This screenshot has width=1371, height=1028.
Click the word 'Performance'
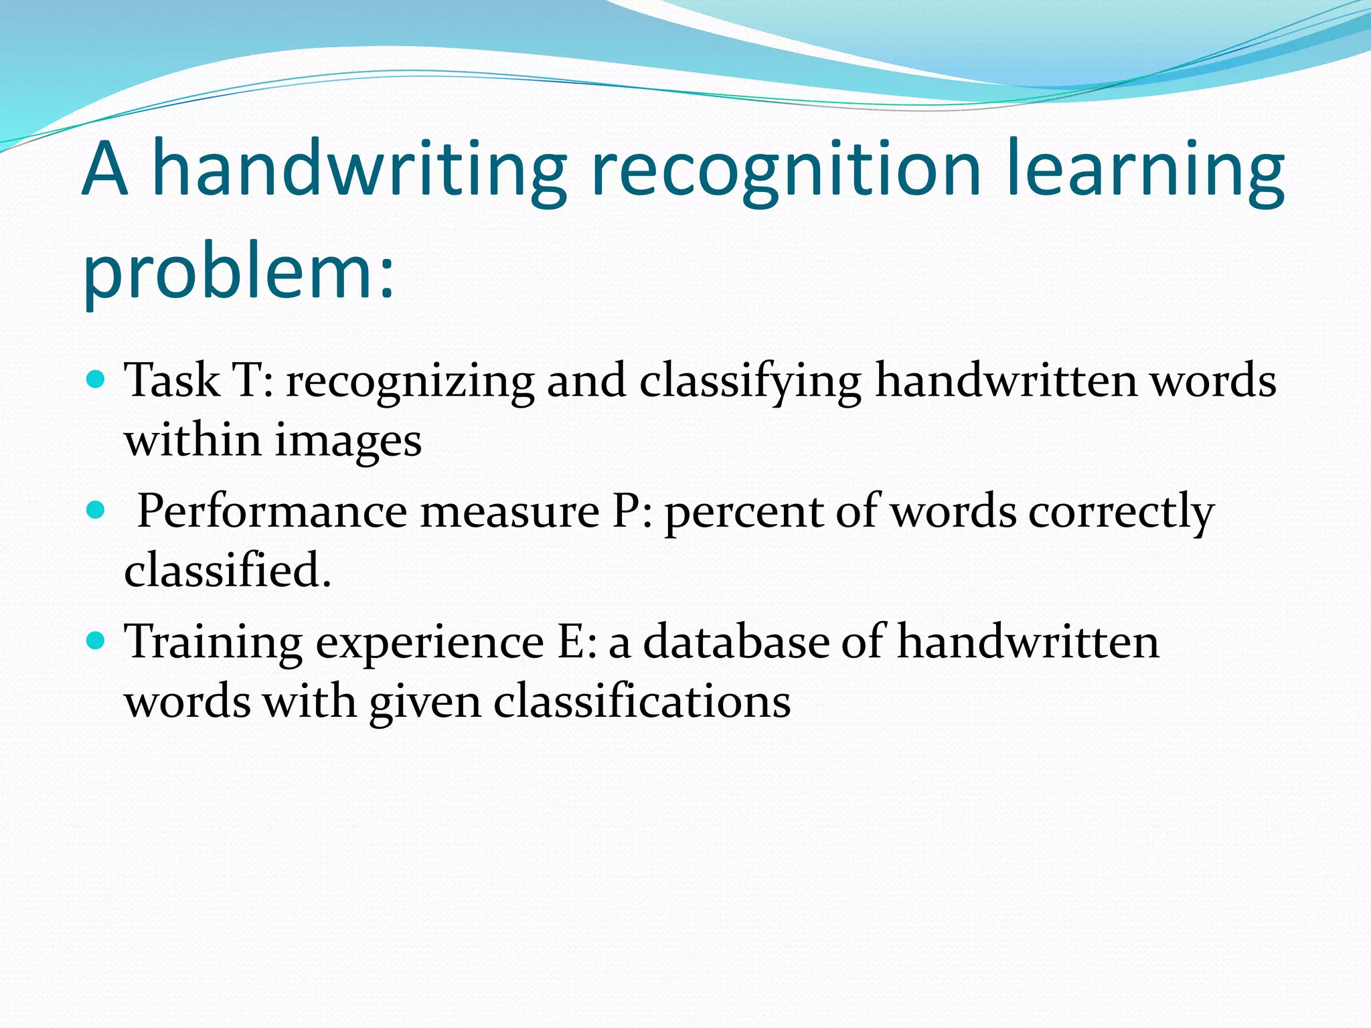click(272, 512)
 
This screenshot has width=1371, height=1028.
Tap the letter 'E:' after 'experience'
click(576, 642)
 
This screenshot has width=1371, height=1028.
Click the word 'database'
click(736, 642)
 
